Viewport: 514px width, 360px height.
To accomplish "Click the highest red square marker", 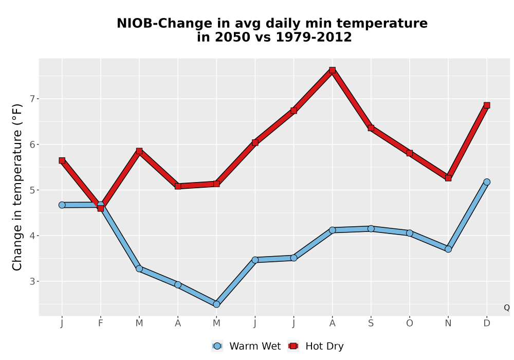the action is pos(333,70).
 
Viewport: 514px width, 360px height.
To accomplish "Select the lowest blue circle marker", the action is pos(216,304).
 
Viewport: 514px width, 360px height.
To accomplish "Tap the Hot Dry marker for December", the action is pos(487,105).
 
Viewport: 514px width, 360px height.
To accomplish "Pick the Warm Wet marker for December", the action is pos(487,182).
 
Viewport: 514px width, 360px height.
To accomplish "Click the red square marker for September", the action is pos(371,128).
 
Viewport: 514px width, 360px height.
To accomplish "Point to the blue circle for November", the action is pos(448,249).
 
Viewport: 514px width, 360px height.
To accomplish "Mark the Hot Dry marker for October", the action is pos(410,153).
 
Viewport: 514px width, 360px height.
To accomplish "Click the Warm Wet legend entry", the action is pos(246,346).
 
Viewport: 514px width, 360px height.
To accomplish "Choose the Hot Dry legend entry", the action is pos(316,346).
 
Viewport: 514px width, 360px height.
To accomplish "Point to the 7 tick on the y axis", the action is pos(32,99).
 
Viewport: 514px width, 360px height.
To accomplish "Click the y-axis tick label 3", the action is pos(32,281).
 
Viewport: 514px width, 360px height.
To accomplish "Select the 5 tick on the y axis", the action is pos(32,190).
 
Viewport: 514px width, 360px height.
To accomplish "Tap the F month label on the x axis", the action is pos(101,323).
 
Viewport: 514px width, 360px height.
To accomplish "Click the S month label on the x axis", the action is pos(371,323).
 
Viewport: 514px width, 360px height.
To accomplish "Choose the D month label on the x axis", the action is pos(487,323).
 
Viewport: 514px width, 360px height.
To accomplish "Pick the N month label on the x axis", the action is pos(448,323).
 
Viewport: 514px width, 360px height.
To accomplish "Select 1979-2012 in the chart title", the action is pos(314,37).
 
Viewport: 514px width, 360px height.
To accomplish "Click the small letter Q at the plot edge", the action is pos(507,308).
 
